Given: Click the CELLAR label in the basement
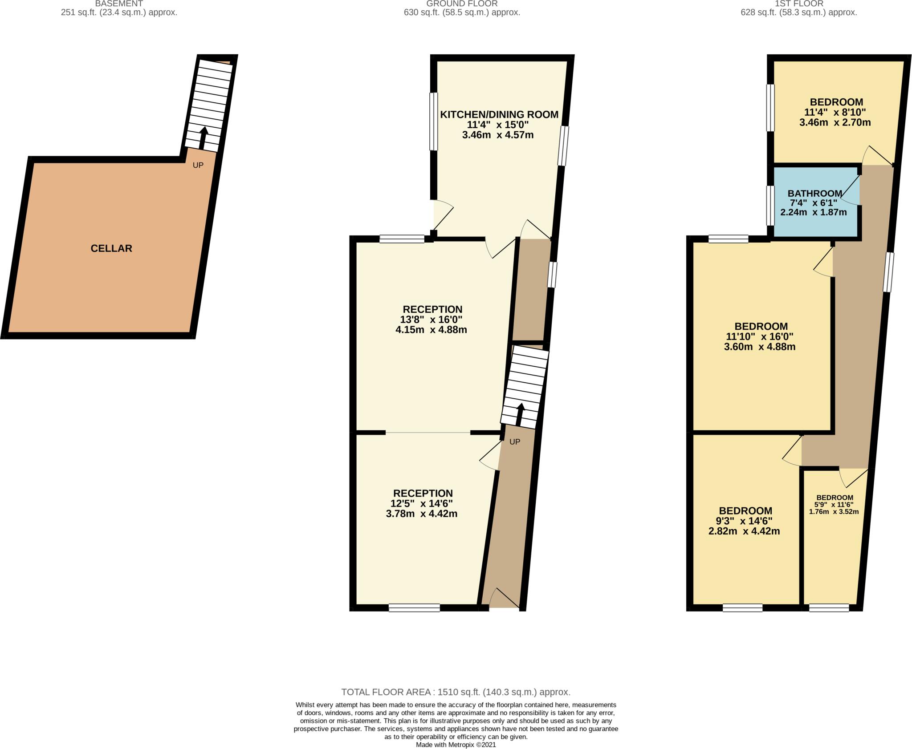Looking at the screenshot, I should click(111, 248).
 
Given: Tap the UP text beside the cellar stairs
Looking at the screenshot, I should click(198, 165).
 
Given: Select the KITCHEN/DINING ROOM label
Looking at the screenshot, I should click(499, 114).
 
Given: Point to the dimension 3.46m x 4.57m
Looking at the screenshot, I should click(497, 135).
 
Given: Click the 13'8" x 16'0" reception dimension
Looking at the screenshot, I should click(431, 320).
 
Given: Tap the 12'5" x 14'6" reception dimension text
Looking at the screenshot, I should click(423, 503).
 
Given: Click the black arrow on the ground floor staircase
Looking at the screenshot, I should click(519, 414).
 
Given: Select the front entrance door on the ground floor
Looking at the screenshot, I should click(504, 599).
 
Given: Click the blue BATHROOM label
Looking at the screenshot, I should click(814, 194).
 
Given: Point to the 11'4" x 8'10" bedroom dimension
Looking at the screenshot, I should click(835, 112).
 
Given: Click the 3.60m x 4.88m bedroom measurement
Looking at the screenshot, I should click(760, 347).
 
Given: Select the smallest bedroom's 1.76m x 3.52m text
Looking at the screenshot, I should click(834, 512).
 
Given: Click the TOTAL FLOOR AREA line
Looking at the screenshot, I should click(456, 692).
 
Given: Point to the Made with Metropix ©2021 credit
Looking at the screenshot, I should click(456, 745).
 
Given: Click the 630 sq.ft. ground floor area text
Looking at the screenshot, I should click(462, 12).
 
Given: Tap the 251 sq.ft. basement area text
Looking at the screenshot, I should click(119, 12).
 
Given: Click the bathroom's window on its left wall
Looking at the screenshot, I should click(770, 205).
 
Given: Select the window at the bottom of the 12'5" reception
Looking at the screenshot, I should click(414, 607).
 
